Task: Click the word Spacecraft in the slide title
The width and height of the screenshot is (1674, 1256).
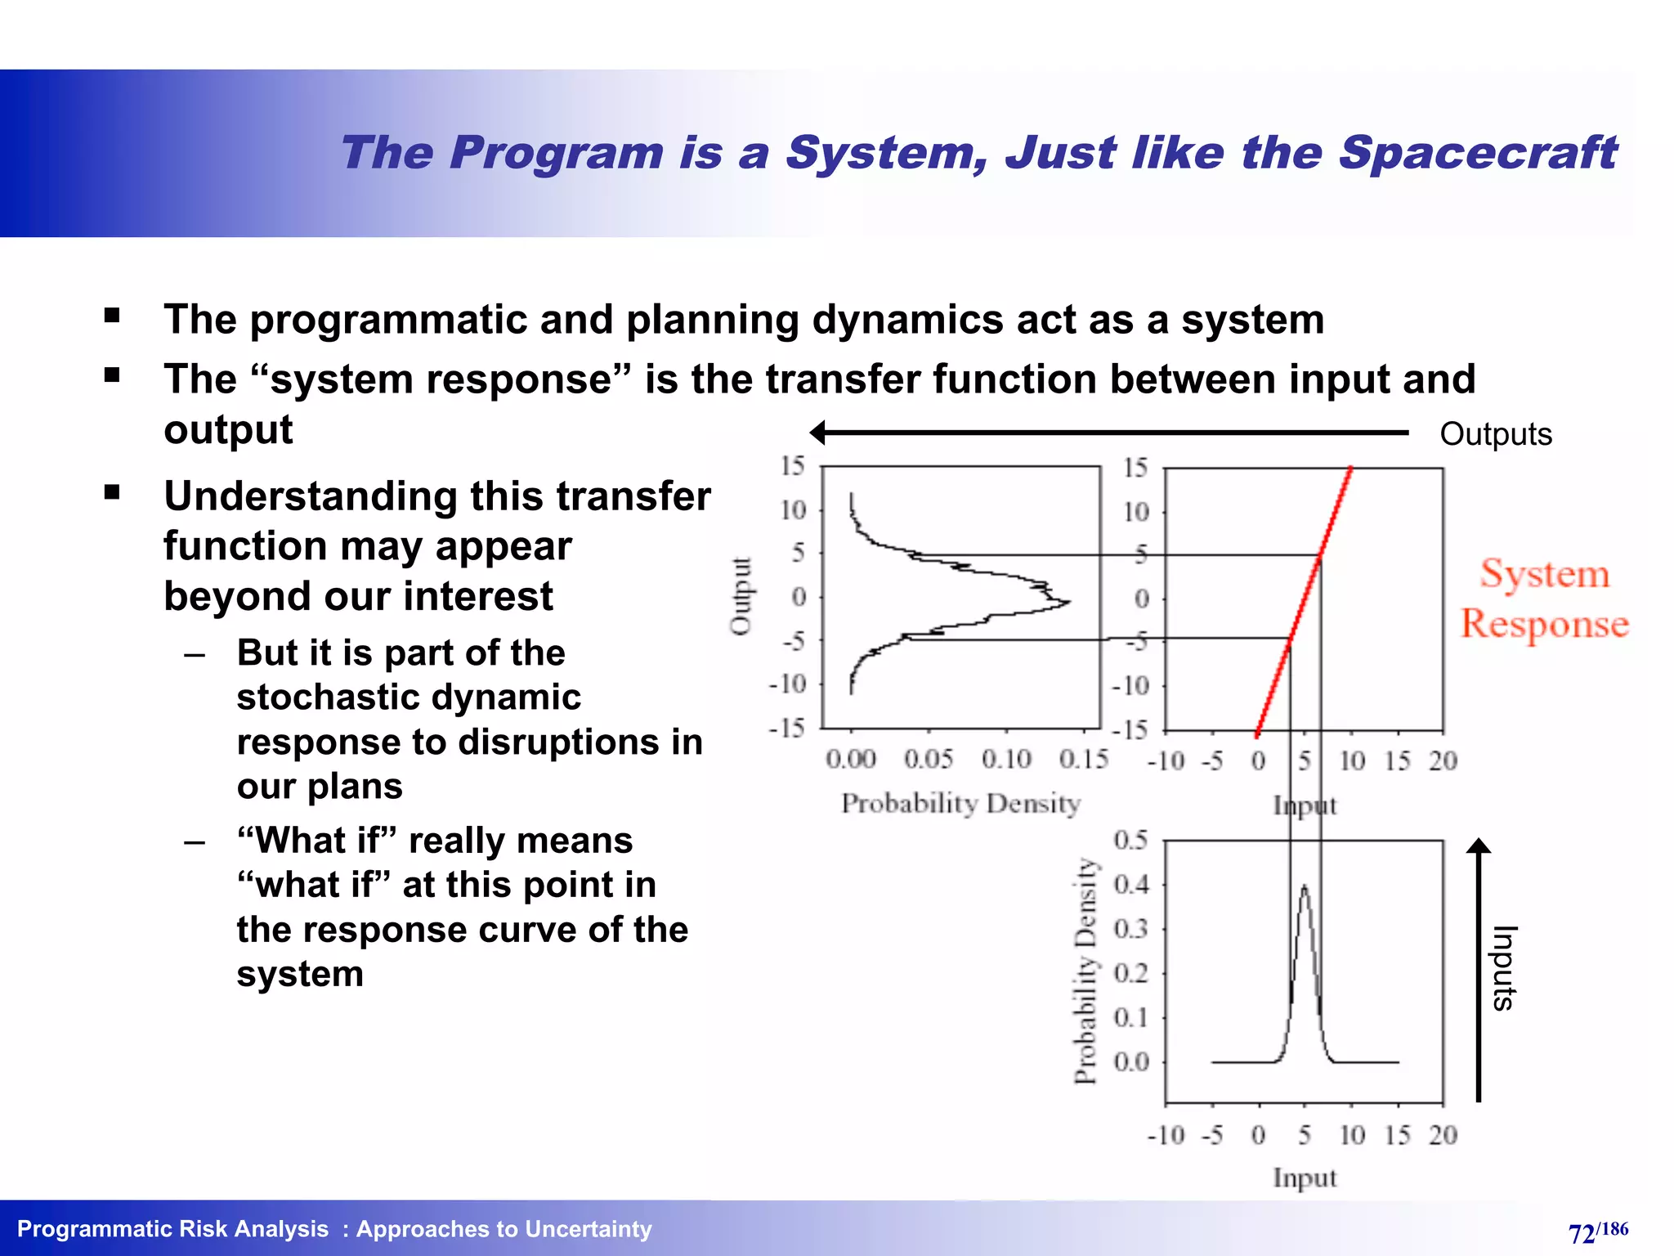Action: pyautogui.click(x=1478, y=154)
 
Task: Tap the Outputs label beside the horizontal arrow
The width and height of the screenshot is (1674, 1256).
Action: pyautogui.click(x=1495, y=434)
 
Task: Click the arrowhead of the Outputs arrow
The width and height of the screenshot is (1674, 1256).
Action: pyautogui.click(x=818, y=433)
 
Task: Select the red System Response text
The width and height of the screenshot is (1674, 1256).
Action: pyautogui.click(x=1544, y=599)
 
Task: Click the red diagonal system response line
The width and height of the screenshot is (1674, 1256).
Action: pyautogui.click(x=1305, y=599)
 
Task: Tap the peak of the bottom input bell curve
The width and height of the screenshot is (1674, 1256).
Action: pyautogui.click(x=1305, y=886)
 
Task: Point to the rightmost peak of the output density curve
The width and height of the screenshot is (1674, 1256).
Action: pyautogui.click(x=1068, y=603)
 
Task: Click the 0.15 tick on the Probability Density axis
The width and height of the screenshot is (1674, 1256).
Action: pyautogui.click(x=1083, y=760)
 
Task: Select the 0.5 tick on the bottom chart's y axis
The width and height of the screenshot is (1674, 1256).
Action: pyautogui.click(x=1130, y=840)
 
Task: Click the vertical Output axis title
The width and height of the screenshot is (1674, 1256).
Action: pyautogui.click(x=741, y=596)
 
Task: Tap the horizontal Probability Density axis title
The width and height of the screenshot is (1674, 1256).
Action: pyautogui.click(x=960, y=804)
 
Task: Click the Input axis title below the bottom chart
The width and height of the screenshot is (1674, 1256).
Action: pyautogui.click(x=1305, y=1178)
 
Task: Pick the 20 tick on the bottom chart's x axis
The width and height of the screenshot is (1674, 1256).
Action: pyautogui.click(x=1443, y=1135)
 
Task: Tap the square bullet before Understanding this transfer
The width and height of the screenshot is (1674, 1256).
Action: pyautogui.click(x=112, y=492)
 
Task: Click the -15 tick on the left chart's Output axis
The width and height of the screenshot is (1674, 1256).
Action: pyautogui.click(x=787, y=728)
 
